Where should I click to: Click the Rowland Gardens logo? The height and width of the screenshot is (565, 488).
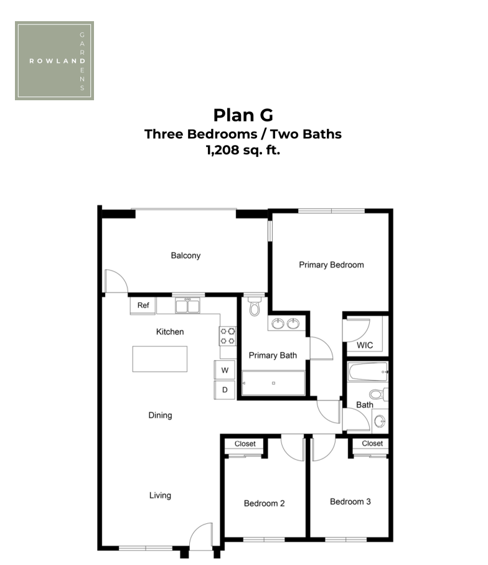pyautogui.click(x=54, y=60)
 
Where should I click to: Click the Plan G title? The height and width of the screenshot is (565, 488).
pyautogui.click(x=243, y=115)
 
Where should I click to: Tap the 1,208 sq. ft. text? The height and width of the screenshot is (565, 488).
pyautogui.click(x=243, y=150)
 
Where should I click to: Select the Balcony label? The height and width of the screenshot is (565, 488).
pyautogui.click(x=185, y=256)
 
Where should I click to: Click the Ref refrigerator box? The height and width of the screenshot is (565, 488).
pyautogui.click(x=143, y=306)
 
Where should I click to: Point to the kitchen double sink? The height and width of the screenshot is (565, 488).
pyautogui.click(x=187, y=306)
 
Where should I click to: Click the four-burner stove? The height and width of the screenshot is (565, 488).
pyautogui.click(x=227, y=336)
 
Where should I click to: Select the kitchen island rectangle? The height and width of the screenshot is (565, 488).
pyautogui.click(x=160, y=359)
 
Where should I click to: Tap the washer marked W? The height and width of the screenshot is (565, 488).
pyautogui.click(x=225, y=370)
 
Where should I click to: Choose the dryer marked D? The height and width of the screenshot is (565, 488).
pyautogui.click(x=225, y=390)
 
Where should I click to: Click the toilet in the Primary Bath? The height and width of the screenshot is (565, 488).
pyautogui.click(x=255, y=306)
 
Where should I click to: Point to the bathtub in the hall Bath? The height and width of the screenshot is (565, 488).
pyautogui.click(x=368, y=371)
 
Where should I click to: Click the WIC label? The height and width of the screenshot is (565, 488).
pyautogui.click(x=365, y=345)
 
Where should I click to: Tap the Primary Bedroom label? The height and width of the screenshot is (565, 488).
pyautogui.click(x=332, y=265)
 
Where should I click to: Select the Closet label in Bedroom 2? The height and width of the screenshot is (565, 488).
pyautogui.click(x=245, y=444)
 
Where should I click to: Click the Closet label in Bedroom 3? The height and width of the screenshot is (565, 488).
pyautogui.click(x=372, y=444)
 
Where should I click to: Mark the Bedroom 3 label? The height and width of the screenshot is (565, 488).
pyautogui.click(x=350, y=502)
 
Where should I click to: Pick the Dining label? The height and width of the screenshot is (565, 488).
pyautogui.click(x=161, y=416)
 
